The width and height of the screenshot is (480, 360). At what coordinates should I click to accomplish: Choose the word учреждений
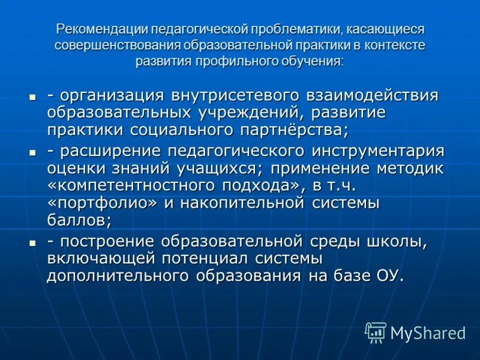(240, 112)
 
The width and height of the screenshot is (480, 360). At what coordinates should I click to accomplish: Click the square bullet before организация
(34, 97)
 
